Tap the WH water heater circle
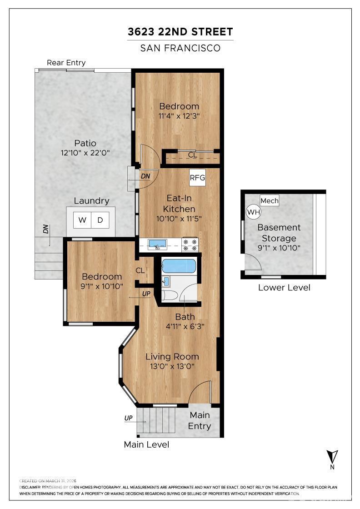point(253,212)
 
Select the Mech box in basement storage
point(270,200)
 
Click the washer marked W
point(82,220)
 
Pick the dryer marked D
point(100,220)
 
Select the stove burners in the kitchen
point(190,245)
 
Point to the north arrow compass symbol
point(332,456)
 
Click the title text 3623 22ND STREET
point(180,32)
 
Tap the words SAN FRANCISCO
point(180,48)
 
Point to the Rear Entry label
point(66,63)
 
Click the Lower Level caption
point(284,287)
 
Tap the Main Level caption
point(146,444)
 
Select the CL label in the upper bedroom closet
point(193,155)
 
